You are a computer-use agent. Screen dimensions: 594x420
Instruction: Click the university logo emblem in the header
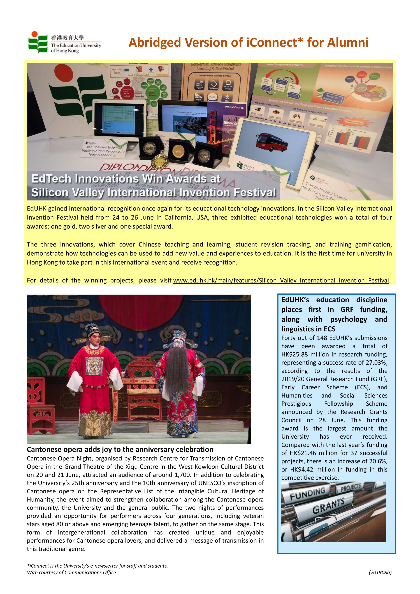(38, 42)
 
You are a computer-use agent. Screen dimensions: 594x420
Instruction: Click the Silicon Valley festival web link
(281, 280)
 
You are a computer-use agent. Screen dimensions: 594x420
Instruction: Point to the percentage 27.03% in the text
(377, 363)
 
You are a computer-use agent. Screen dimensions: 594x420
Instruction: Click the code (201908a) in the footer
(380, 572)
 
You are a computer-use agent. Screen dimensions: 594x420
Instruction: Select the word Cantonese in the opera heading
(44, 450)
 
